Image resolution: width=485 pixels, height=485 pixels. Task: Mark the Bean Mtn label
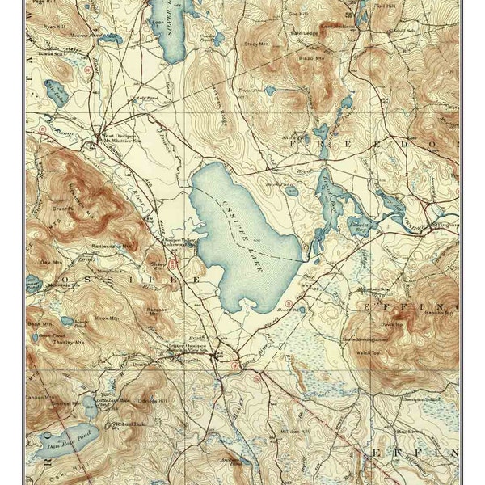click(36, 322)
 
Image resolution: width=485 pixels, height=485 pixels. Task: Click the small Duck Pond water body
click(291, 192)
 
